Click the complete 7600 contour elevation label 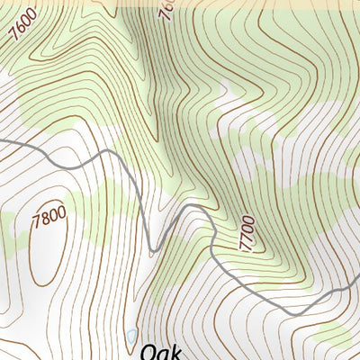click(26, 37)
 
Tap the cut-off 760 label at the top click(166, 11)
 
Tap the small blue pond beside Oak click(132, 337)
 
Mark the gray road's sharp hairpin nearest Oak click(153, 249)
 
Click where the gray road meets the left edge click(2, 141)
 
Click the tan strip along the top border click(180, 3)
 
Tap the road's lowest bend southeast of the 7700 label click(292, 312)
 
